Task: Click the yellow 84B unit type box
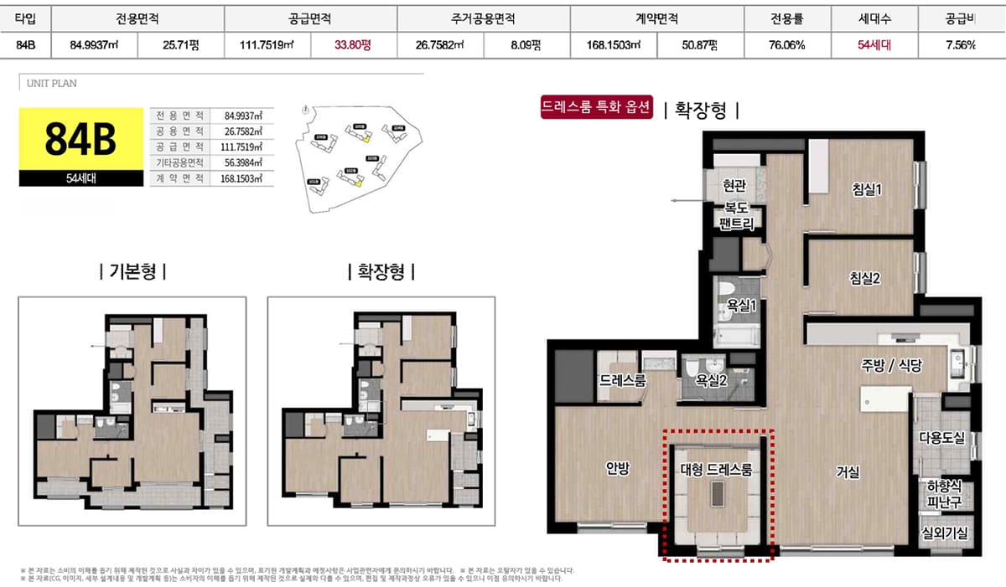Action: click(80, 139)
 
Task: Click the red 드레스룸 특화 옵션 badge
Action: click(597, 108)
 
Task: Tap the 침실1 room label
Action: click(864, 190)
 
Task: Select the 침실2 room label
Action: click(864, 278)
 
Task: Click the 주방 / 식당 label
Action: click(891, 365)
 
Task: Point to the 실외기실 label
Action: click(943, 533)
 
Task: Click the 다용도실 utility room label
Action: click(942, 437)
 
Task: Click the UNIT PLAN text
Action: click(52, 84)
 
